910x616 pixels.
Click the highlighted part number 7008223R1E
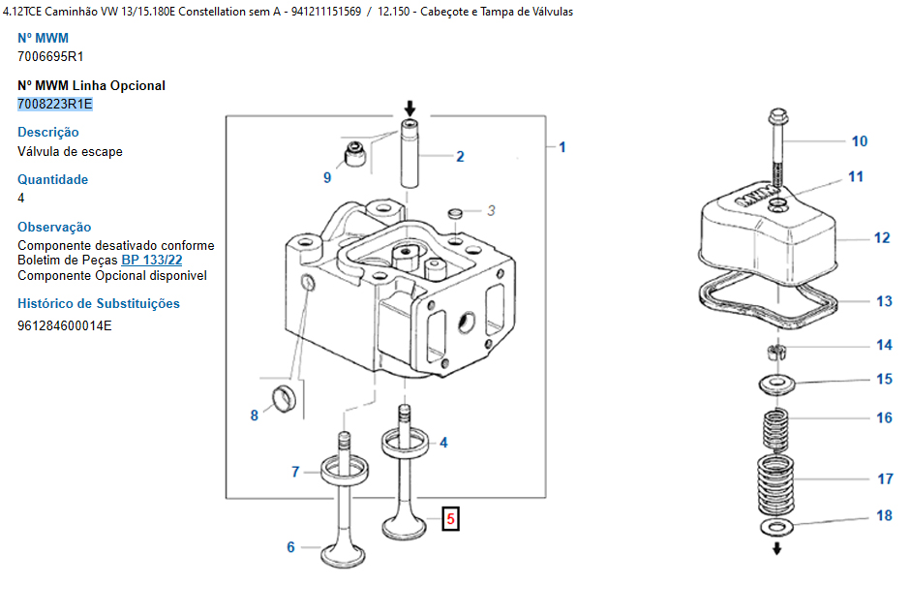point(55,104)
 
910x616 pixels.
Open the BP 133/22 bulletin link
point(152,261)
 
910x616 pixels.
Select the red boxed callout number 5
point(449,519)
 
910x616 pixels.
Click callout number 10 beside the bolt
point(860,141)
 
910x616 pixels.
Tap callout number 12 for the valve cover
point(881,237)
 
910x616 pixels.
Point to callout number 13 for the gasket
point(884,302)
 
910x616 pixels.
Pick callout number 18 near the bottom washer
point(884,515)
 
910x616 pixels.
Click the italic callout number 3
point(491,210)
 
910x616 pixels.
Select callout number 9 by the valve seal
point(327,177)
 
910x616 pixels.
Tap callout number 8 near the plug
point(255,416)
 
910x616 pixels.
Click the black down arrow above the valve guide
point(409,108)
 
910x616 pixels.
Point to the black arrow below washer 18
point(776,549)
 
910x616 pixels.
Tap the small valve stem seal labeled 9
point(357,154)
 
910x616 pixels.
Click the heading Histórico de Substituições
point(99,303)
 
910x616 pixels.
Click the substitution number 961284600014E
point(65,325)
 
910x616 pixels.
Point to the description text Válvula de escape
point(70,152)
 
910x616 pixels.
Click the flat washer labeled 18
point(776,527)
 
